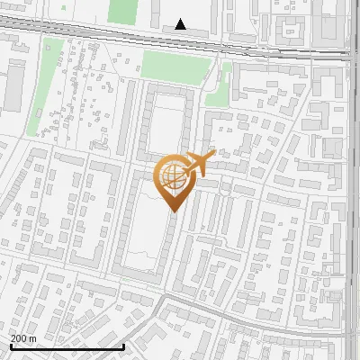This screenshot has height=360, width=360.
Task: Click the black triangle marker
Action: click(181, 24)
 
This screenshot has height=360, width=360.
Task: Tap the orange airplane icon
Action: click(199, 164)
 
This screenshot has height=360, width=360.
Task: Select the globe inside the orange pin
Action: click(172, 179)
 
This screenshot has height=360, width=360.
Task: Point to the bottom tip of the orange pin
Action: click(173, 211)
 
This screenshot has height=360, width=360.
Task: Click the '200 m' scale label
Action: click(23, 337)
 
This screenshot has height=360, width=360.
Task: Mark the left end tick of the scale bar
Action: click(10, 346)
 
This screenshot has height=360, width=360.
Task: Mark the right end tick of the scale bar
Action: click(123, 346)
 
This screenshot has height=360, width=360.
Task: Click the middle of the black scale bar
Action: click(67, 346)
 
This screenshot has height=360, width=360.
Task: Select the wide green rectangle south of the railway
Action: click(175, 65)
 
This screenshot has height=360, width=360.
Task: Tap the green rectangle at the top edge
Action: click(121, 11)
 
